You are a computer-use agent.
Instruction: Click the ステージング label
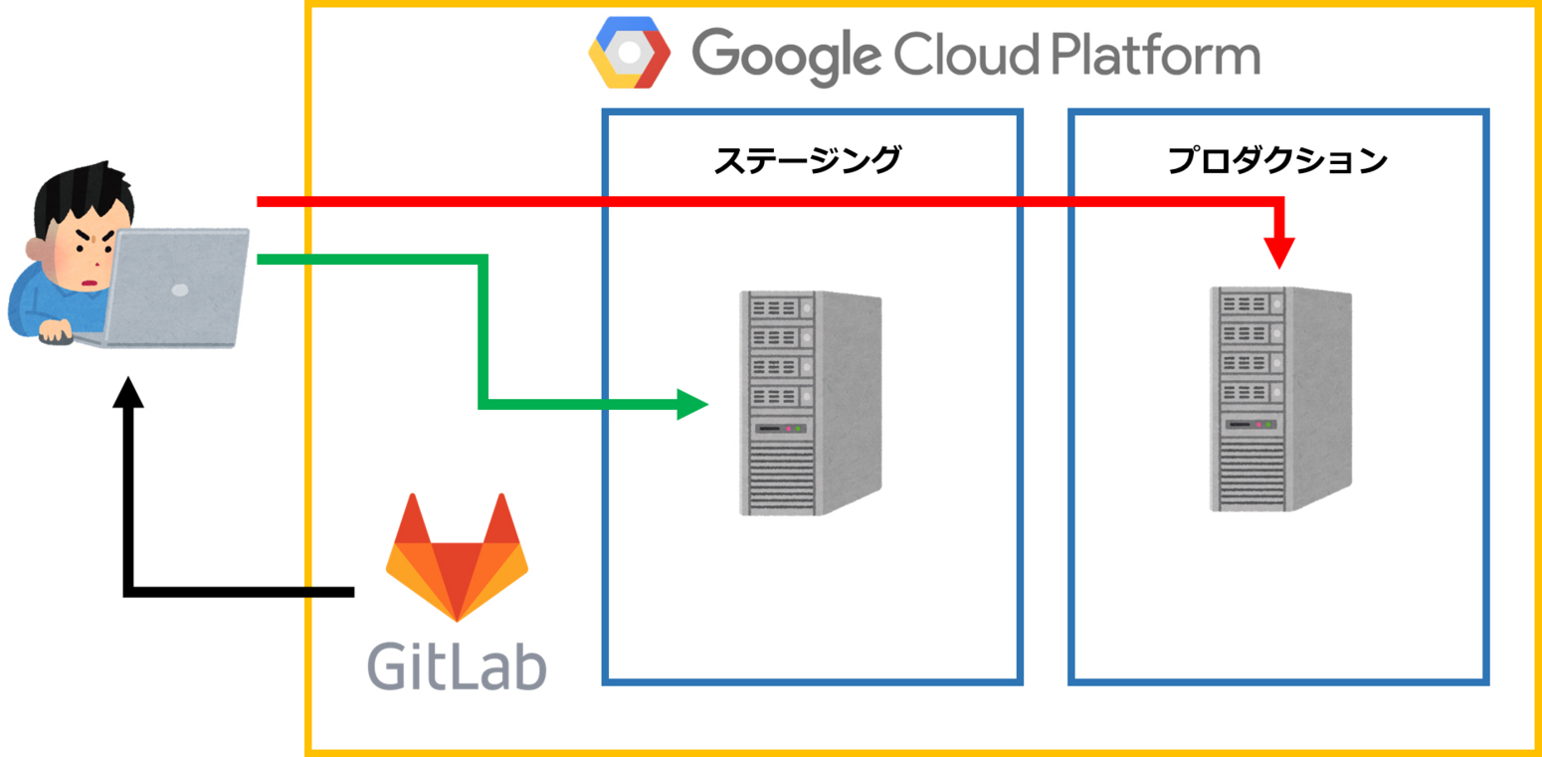807,160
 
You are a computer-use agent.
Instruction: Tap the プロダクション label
1277,160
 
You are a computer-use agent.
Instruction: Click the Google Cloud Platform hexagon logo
629,52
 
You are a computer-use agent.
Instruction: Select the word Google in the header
786,55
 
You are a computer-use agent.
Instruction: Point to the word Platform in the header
1154,55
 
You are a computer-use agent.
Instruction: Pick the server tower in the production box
1280,399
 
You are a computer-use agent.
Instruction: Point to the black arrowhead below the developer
128,394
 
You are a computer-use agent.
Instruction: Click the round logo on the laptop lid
180,290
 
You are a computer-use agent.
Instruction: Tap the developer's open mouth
91,283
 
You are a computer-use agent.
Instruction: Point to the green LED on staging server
798,429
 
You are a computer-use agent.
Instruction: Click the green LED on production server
1269,425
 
